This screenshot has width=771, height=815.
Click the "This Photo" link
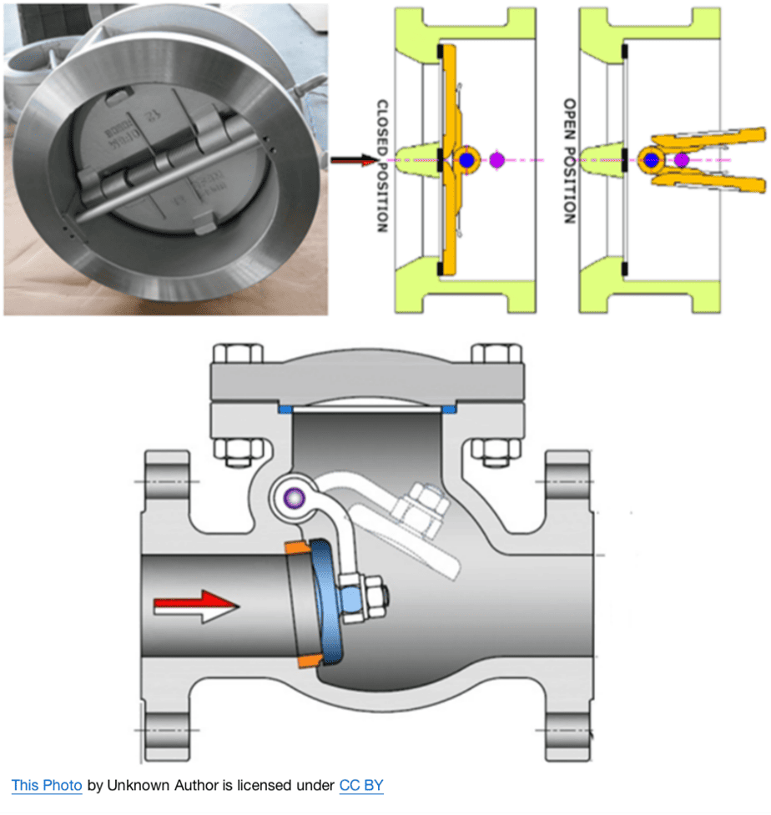46,786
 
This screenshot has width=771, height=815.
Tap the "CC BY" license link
360,786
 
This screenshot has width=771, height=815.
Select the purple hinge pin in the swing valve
291,499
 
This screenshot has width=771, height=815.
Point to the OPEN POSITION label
570,160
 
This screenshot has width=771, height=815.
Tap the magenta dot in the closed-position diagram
497,159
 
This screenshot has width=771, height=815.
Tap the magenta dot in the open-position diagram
682,159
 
